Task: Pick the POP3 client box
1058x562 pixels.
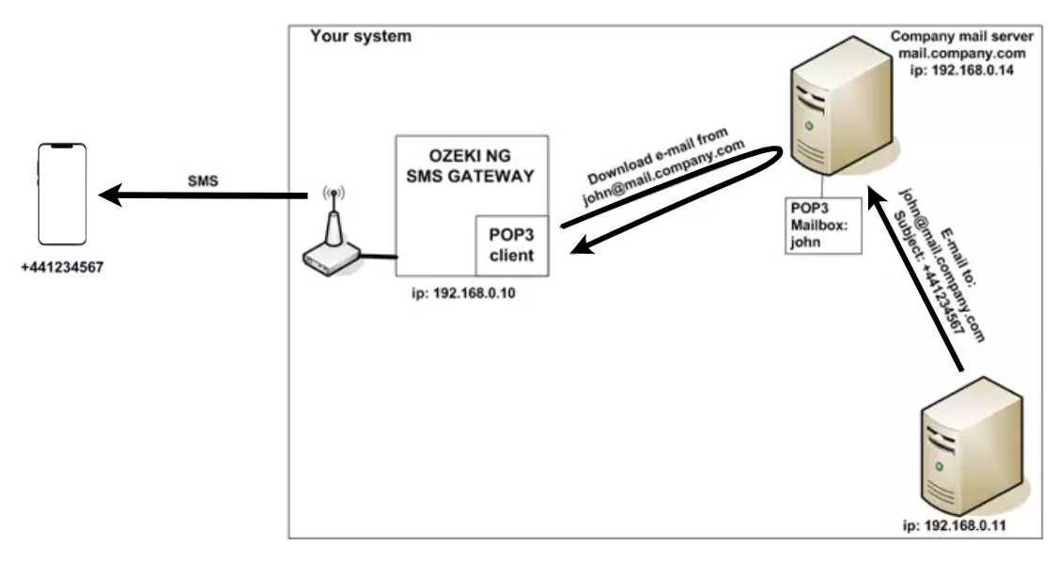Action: click(511, 243)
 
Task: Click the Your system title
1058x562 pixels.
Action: click(360, 37)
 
